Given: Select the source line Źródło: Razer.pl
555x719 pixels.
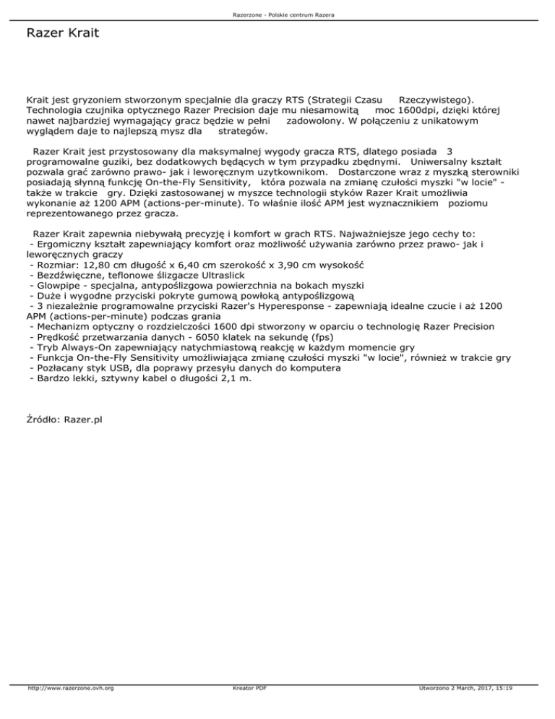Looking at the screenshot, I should [x=64, y=419].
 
